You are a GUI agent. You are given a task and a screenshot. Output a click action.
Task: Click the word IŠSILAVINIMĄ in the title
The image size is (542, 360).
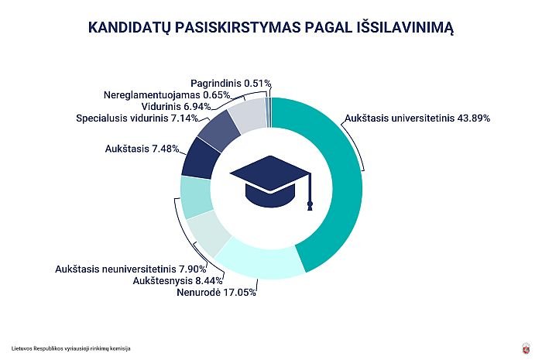[405, 27]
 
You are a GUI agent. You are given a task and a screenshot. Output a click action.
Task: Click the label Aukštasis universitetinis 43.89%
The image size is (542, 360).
[417, 118]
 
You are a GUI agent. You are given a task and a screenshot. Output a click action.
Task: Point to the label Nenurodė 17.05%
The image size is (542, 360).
[216, 293]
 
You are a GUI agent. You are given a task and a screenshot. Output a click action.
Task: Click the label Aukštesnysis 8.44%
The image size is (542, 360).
[177, 280]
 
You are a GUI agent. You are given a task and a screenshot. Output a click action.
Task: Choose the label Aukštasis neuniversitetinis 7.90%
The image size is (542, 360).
[131, 269]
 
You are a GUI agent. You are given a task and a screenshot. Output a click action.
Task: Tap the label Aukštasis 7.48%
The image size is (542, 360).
[142, 149]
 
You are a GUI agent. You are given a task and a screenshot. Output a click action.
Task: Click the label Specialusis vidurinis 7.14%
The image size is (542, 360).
[137, 118]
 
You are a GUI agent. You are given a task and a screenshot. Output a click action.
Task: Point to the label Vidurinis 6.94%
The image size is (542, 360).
[176, 106]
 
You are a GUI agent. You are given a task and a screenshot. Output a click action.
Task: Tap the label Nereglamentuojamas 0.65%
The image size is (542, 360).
[167, 94]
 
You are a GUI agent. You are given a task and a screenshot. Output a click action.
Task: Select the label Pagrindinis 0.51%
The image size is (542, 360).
[231, 84]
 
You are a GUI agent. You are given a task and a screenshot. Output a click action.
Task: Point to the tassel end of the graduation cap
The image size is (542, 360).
[310, 206]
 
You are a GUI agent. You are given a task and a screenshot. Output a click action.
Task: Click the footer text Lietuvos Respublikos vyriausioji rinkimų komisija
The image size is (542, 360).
[71, 348]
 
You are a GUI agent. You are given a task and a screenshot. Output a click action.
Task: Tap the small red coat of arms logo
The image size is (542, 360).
[526, 348]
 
